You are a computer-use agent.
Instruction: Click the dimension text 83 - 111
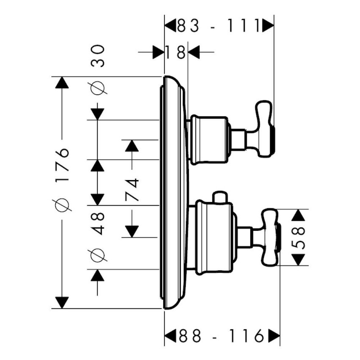tap(219, 27)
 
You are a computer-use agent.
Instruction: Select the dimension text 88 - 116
tap(222, 336)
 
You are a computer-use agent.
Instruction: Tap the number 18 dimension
tap(176, 53)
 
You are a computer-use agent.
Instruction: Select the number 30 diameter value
tap(98, 56)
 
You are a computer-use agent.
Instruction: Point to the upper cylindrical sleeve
tap(208, 139)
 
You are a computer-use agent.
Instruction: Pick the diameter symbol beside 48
tap(98, 255)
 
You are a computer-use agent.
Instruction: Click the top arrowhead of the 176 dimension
tap(62, 83)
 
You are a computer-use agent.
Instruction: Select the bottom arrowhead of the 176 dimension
tap(62, 302)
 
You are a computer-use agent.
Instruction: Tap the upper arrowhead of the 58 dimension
tap(299, 215)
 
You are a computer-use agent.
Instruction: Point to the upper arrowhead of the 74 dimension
tap(132, 146)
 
